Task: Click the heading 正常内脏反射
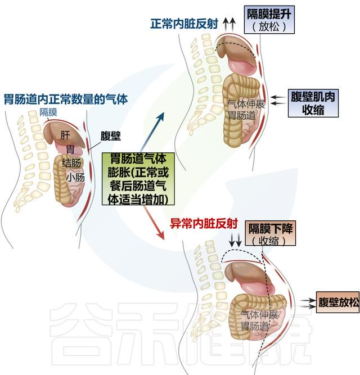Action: click(184, 24)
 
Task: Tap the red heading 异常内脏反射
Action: click(204, 224)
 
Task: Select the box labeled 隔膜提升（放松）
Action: click(269, 20)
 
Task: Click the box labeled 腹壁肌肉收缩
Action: click(313, 103)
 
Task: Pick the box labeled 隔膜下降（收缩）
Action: click(271, 233)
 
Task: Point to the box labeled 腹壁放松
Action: click(338, 302)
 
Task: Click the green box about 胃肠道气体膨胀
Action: click(138, 179)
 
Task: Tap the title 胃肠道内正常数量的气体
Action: click(66, 99)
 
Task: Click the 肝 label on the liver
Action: click(65, 135)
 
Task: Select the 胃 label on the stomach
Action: click(70, 150)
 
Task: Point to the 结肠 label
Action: click(71, 163)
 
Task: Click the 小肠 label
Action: click(75, 178)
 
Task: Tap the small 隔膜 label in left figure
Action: click(48, 112)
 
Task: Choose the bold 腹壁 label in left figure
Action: click(110, 136)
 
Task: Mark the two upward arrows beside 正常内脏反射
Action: click(229, 24)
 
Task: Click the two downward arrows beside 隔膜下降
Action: click(235, 240)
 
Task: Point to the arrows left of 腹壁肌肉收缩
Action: click(279, 101)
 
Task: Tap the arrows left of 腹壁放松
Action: click(308, 303)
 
